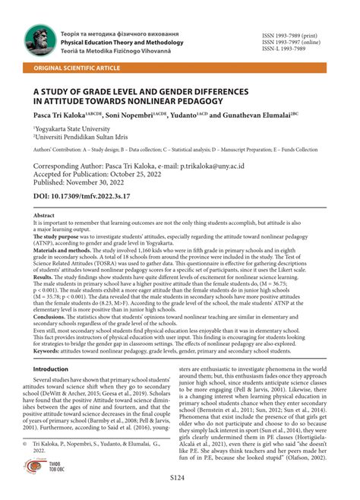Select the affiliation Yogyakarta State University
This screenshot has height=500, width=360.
coord(70,129)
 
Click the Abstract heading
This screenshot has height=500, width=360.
coord(44,216)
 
